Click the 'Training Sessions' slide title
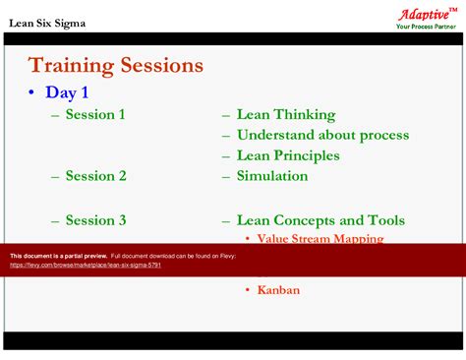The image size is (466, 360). pyautogui.click(x=116, y=66)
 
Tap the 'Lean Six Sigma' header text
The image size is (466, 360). pyautogui.click(x=44, y=22)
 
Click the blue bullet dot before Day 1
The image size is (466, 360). pyautogui.click(x=32, y=93)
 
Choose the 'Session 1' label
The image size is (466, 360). pyautogui.click(x=95, y=115)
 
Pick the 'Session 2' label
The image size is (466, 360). pyautogui.click(x=95, y=176)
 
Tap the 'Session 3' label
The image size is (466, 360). pyautogui.click(x=95, y=220)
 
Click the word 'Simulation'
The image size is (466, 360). pyautogui.click(x=271, y=176)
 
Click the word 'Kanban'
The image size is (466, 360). pyautogui.click(x=278, y=290)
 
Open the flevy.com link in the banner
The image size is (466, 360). pyautogui.click(x=86, y=266)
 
